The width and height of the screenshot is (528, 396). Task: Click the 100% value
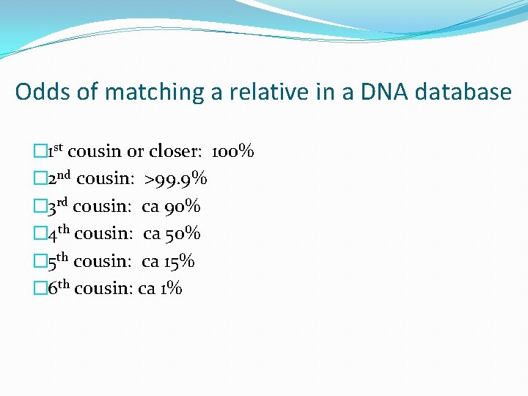[232, 152]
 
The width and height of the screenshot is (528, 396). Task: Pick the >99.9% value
[176, 179]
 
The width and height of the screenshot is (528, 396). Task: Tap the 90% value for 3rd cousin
[183, 207]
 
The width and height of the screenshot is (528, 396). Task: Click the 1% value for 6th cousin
[171, 288]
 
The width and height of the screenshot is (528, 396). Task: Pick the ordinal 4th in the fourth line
[59, 233]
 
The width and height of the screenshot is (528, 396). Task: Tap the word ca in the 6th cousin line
[146, 289]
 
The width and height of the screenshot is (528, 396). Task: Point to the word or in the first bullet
[136, 153]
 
